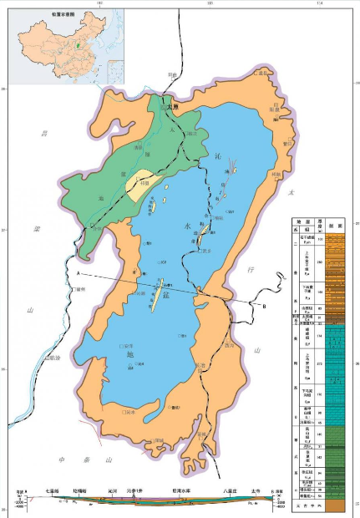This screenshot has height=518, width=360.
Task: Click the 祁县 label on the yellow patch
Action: [145, 184]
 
